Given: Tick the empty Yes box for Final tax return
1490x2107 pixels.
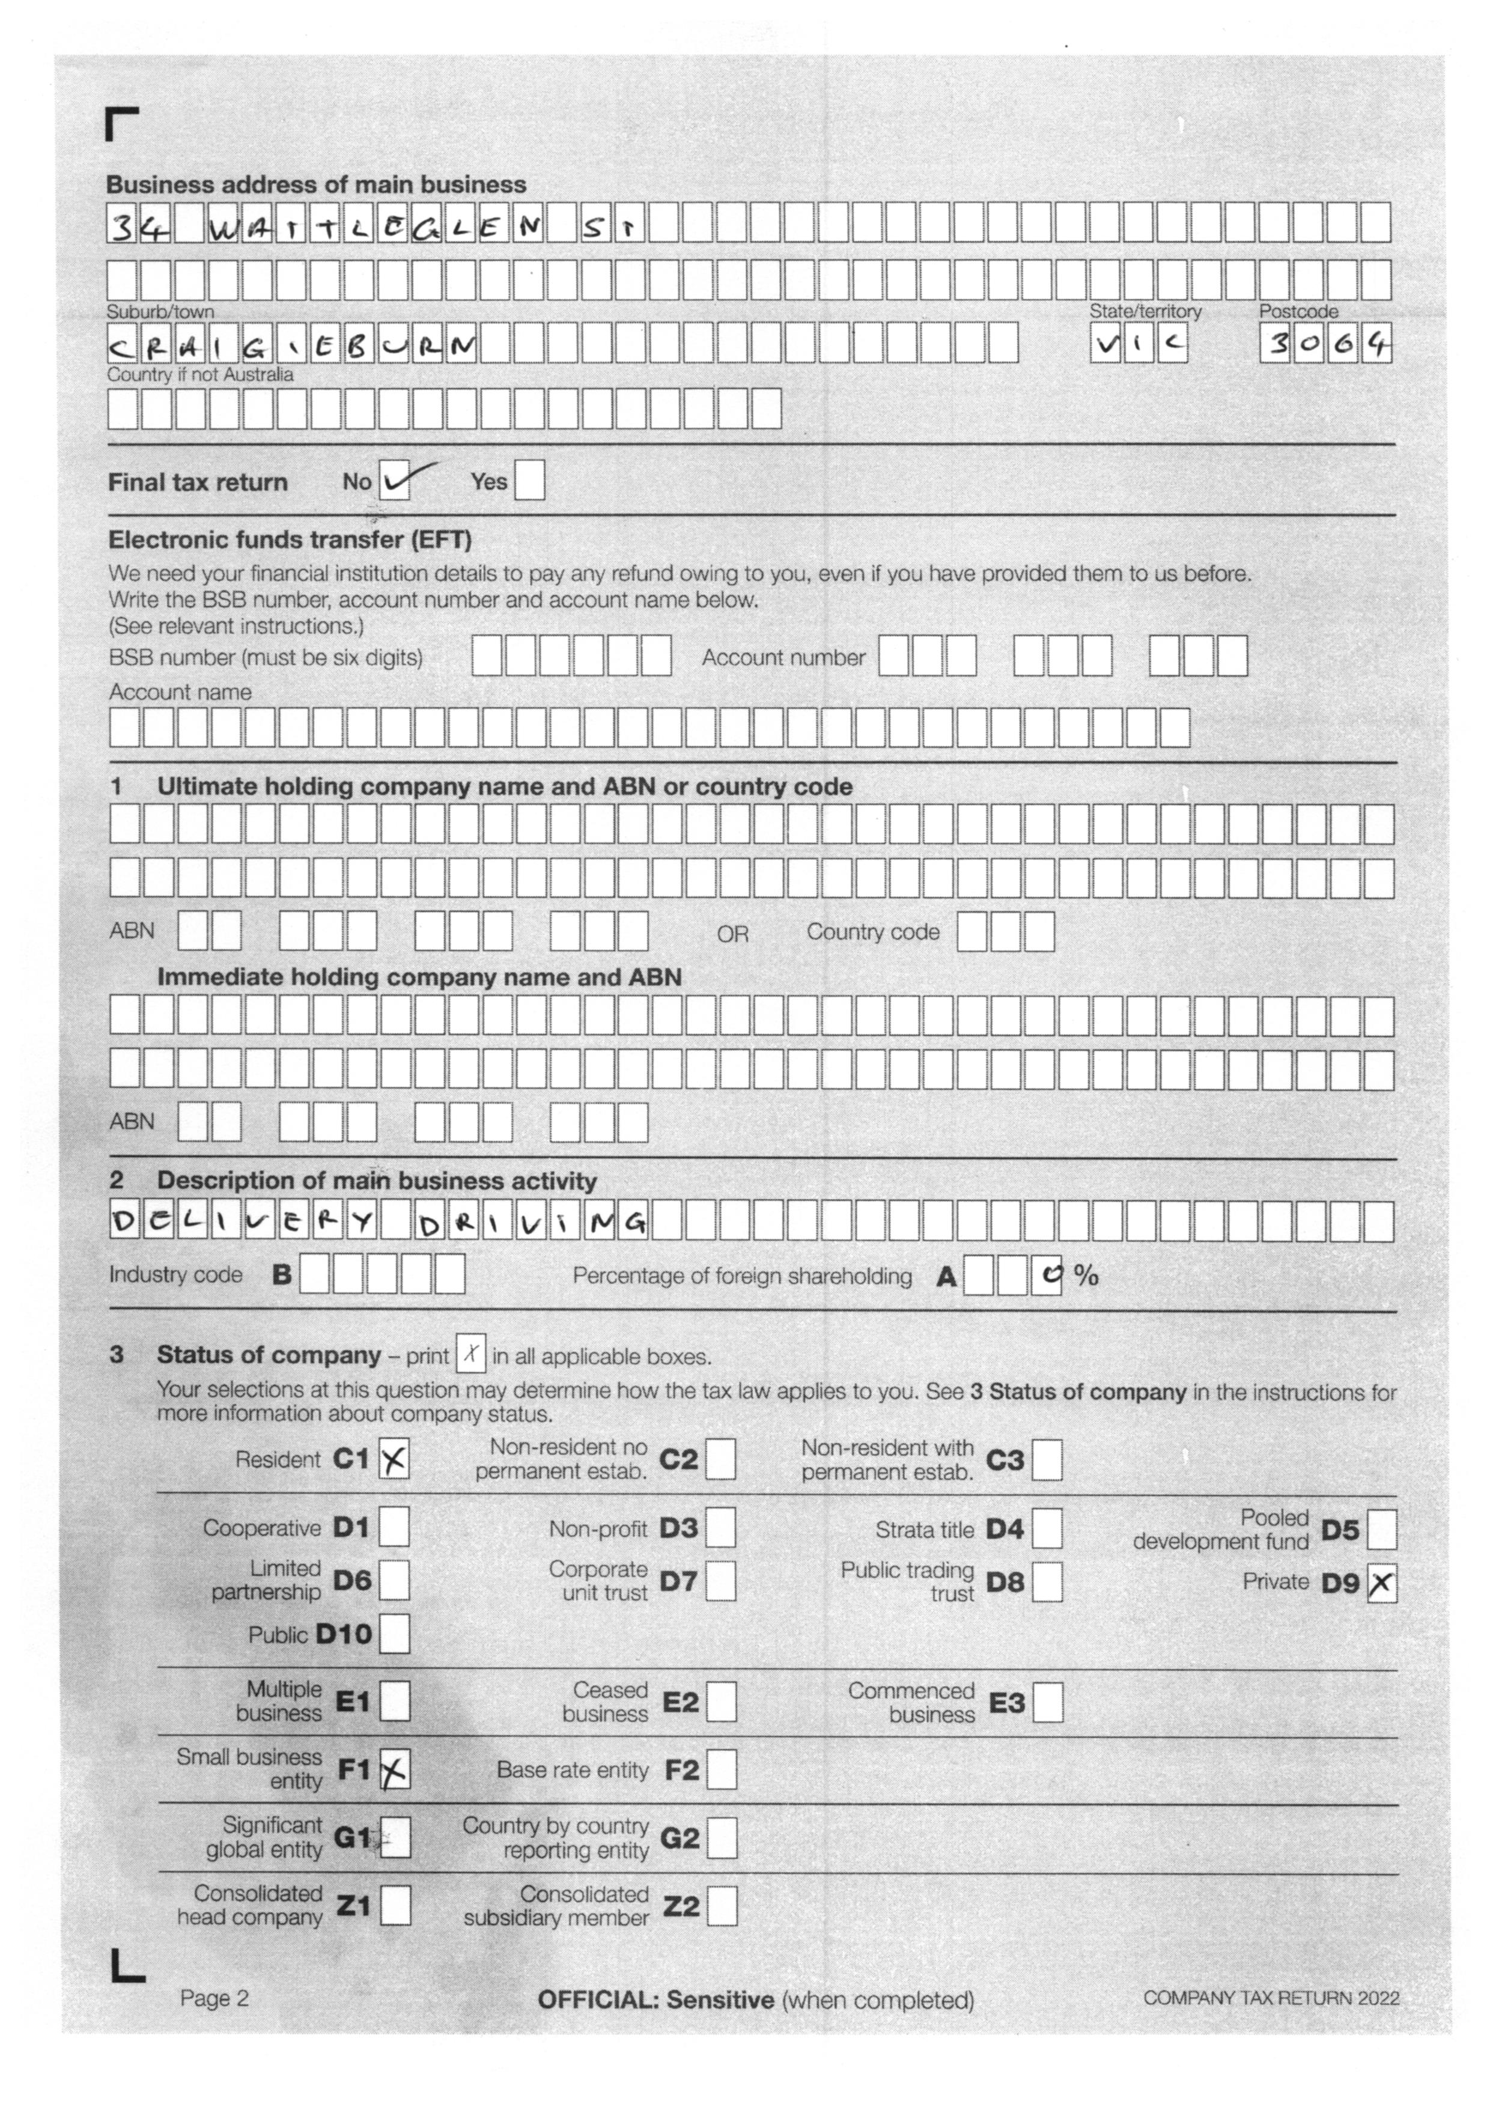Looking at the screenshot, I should [529, 481].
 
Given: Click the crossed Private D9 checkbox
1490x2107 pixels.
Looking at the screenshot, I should [1382, 1583].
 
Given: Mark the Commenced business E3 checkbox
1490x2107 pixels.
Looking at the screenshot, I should [1048, 1702].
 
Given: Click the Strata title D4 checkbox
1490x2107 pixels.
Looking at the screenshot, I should [1048, 1529].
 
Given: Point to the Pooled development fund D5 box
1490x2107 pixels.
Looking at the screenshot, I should [1382, 1530].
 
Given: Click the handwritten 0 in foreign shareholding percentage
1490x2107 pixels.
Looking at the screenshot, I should [1046, 1275].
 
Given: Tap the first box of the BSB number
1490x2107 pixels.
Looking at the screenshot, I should [487, 656].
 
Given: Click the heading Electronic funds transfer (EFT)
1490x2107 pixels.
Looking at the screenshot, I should [290, 540].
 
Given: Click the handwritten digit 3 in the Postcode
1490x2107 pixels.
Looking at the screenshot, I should [1276, 345].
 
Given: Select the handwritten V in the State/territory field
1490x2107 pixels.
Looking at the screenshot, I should [1105, 345].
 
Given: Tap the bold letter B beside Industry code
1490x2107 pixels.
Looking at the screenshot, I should [282, 1275].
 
